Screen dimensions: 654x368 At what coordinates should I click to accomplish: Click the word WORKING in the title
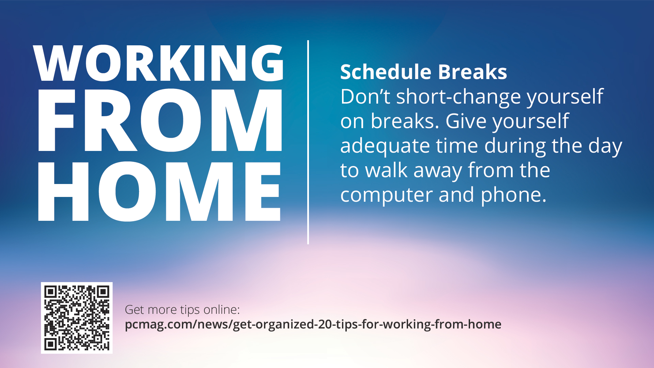pyautogui.click(x=159, y=63)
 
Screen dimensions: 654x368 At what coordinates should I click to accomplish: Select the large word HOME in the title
pyautogui.click(x=159, y=191)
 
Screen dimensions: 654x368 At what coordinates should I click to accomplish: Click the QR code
pyautogui.click(x=77, y=318)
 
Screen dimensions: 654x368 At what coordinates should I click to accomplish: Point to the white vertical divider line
pyautogui.click(x=308, y=142)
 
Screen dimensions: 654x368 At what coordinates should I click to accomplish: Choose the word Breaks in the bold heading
pyautogui.click(x=472, y=72)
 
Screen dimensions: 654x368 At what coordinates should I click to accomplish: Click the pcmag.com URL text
pyautogui.click(x=313, y=324)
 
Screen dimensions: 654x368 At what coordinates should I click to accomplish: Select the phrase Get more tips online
pyautogui.click(x=182, y=310)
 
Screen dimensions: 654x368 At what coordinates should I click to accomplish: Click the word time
pyautogui.click(x=457, y=145)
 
